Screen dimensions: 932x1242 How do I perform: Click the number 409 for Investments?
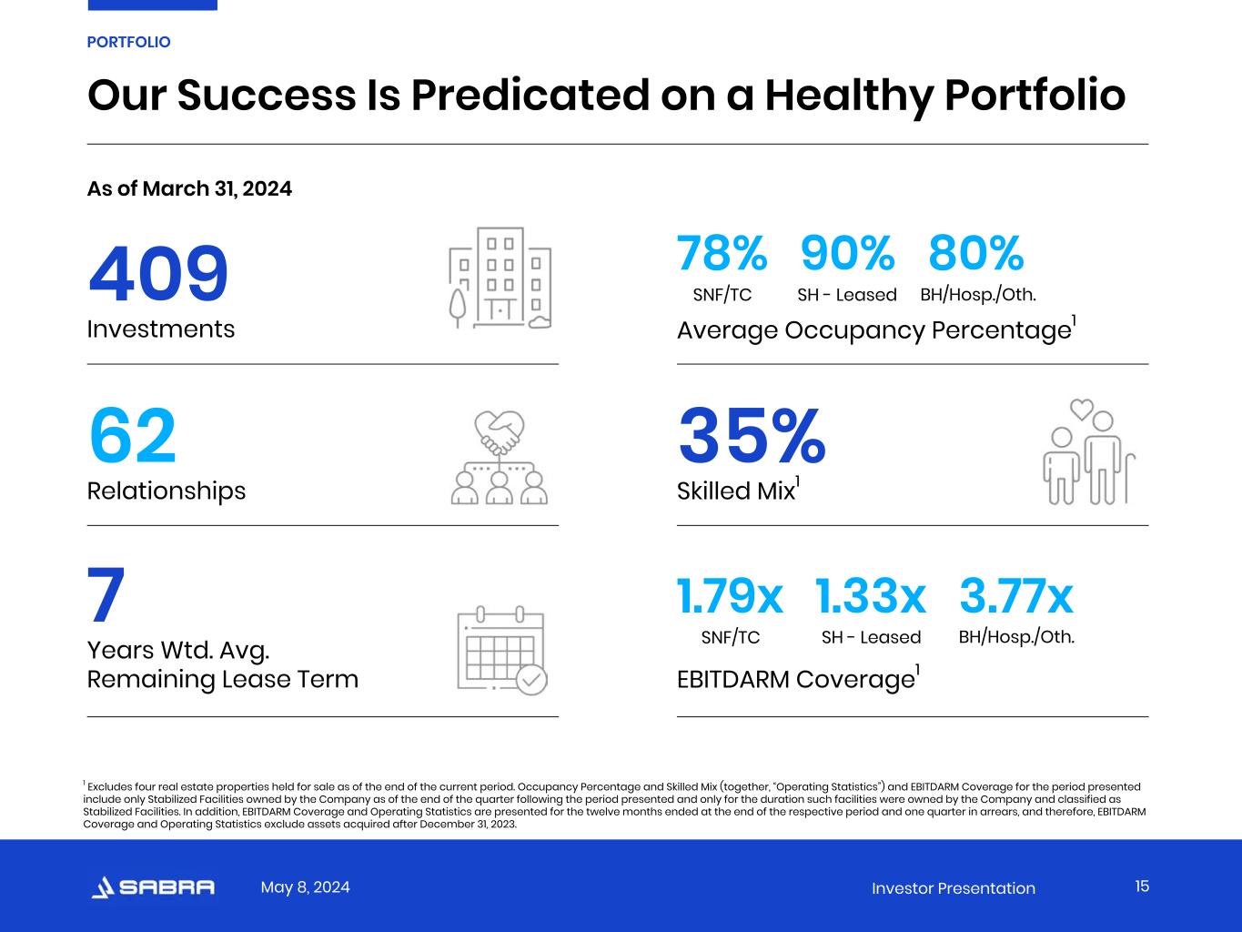(x=158, y=274)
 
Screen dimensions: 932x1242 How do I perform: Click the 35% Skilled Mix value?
(x=752, y=437)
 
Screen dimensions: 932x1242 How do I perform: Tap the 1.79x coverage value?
(x=730, y=597)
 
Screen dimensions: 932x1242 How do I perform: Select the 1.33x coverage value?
(x=871, y=597)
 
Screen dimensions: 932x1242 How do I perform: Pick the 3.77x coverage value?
(x=1016, y=597)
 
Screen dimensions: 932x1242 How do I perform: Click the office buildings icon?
(x=500, y=278)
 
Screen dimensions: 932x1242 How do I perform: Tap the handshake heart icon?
(x=500, y=457)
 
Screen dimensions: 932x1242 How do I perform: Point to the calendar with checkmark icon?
(x=501, y=650)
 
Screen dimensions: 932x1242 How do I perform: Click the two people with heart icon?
(x=1088, y=451)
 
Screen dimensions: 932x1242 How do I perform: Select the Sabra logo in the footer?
(x=154, y=887)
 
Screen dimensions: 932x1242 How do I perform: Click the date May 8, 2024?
(x=305, y=887)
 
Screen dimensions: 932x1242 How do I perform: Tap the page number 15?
(x=1142, y=886)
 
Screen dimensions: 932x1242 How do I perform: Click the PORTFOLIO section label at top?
(x=128, y=42)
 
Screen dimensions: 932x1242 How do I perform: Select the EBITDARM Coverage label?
(x=795, y=680)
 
